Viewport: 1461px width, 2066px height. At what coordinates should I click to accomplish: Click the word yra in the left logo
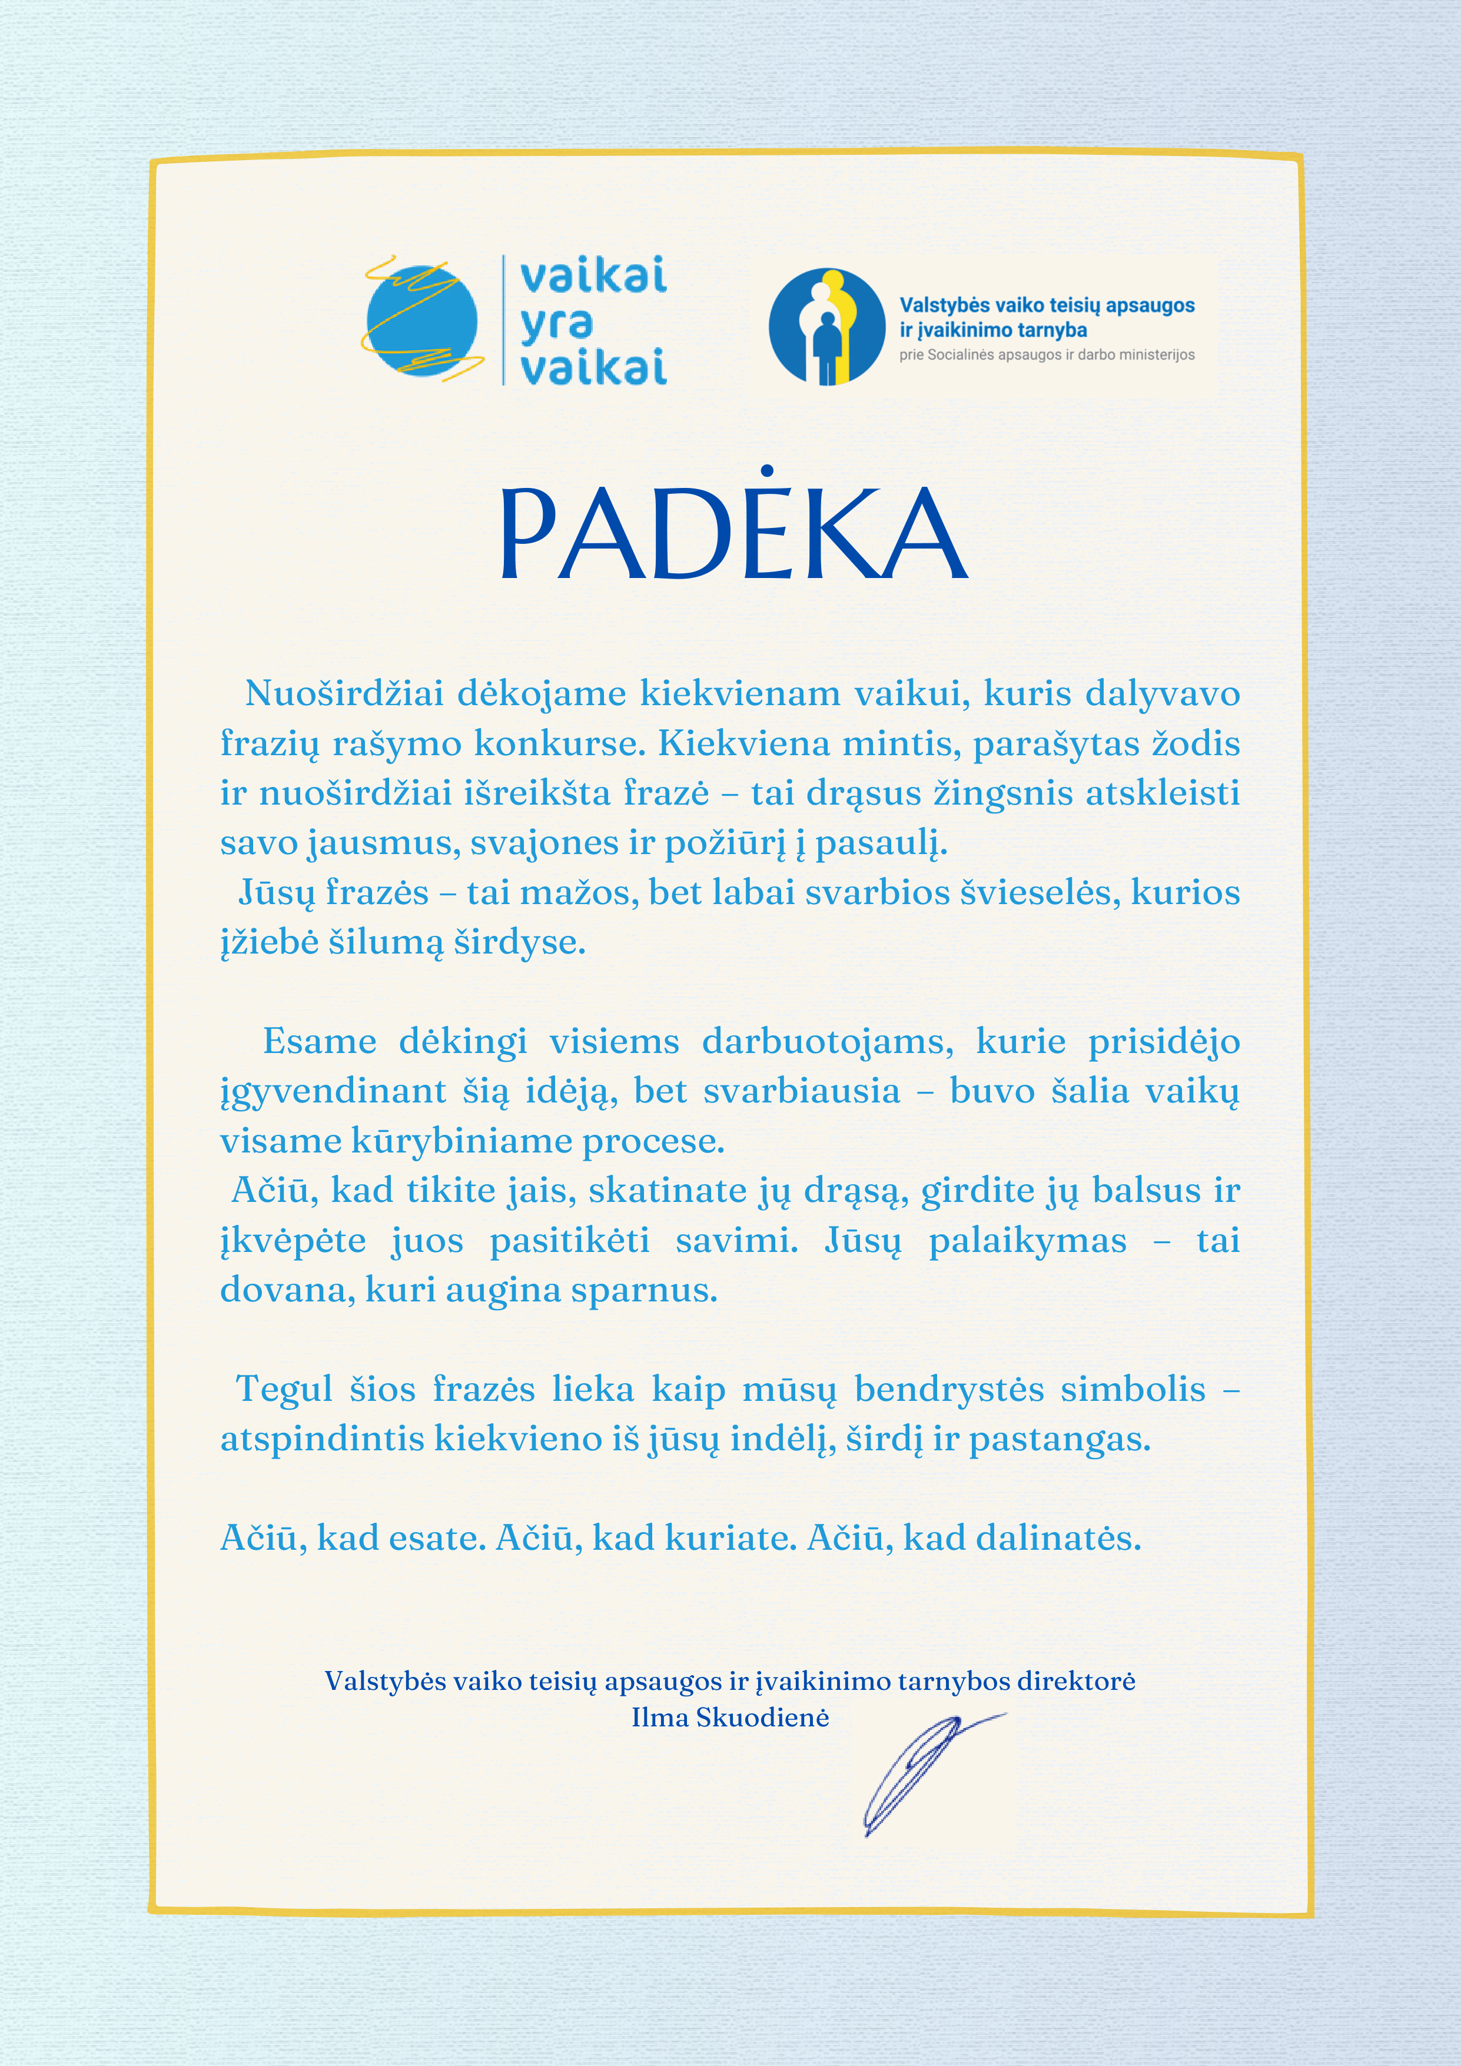[x=556, y=322]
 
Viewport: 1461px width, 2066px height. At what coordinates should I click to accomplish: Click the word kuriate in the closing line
[x=730, y=1538]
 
